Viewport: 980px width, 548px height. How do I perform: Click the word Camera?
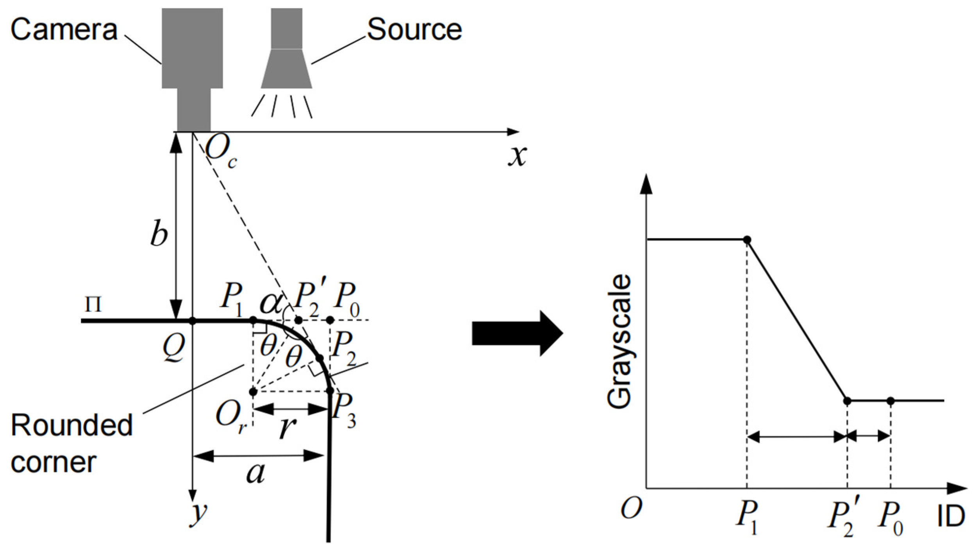(64, 30)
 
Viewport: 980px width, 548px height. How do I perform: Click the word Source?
(414, 30)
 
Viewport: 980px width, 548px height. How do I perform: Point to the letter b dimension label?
(159, 235)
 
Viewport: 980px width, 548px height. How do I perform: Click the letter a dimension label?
(256, 473)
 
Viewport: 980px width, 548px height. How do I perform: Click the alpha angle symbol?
(271, 303)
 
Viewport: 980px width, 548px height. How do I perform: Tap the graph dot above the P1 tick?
(747, 240)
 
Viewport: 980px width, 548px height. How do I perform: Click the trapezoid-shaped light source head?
(286, 69)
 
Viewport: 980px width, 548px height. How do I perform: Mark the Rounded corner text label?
(71, 444)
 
